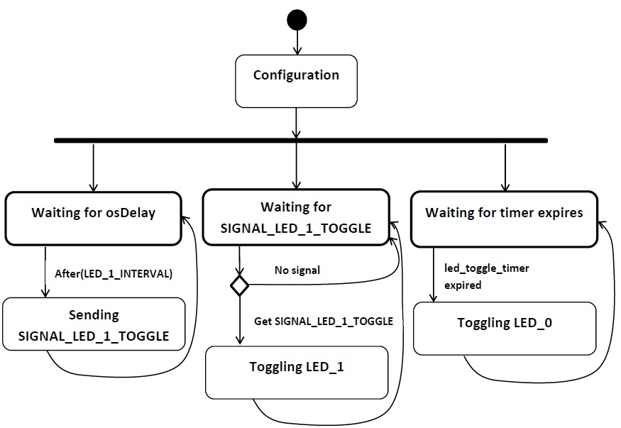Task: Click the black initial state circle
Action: (x=297, y=20)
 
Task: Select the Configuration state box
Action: (x=296, y=81)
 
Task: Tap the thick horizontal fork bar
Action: (x=301, y=141)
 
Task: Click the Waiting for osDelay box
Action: (x=94, y=219)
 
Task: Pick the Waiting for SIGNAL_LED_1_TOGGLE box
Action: (x=296, y=217)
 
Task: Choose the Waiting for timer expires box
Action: (x=504, y=219)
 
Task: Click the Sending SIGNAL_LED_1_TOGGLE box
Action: (x=94, y=324)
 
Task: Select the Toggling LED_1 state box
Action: (x=297, y=373)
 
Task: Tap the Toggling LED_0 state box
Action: (x=505, y=329)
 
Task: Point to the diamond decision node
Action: (x=240, y=285)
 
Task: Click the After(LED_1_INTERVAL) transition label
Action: (x=114, y=273)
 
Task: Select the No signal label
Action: (x=297, y=270)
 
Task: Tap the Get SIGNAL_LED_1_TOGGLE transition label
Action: (x=324, y=321)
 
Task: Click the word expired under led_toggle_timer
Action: (x=463, y=285)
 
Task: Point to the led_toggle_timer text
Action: (x=487, y=268)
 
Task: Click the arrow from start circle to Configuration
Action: (x=297, y=43)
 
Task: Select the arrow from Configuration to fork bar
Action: (x=296, y=123)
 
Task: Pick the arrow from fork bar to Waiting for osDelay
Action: (x=94, y=168)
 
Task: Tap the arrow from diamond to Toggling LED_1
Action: (x=240, y=320)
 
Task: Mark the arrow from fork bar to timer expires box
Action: (x=505, y=168)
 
